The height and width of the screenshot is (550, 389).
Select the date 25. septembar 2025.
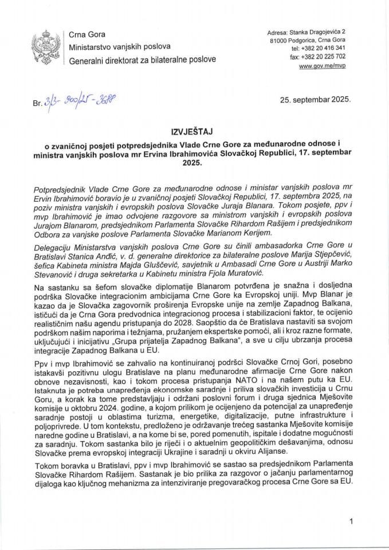(316, 99)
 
